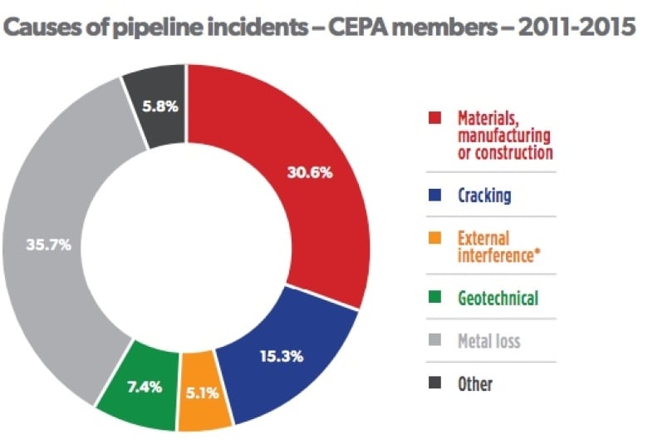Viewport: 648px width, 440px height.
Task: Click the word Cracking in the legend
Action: (484, 196)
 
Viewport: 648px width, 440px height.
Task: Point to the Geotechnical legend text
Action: (498, 297)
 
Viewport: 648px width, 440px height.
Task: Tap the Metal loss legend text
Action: (489, 340)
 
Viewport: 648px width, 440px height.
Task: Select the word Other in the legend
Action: (475, 383)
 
